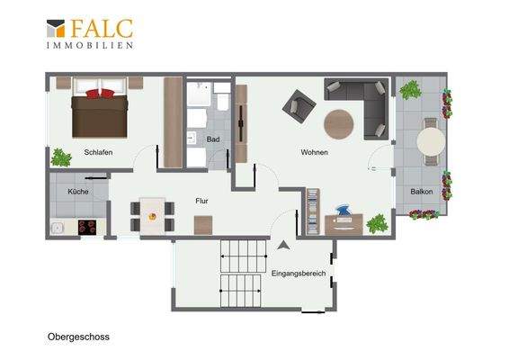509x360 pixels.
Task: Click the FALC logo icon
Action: coord(56,28)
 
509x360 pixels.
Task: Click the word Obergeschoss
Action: coord(78,337)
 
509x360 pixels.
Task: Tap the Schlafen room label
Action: coord(98,152)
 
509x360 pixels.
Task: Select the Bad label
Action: coord(213,139)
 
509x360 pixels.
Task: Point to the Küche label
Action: coord(78,192)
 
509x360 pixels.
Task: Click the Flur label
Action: coord(201,201)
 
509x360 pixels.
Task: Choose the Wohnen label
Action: coord(314,152)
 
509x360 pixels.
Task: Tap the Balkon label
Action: coord(422,192)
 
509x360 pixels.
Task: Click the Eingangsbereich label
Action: coord(299,274)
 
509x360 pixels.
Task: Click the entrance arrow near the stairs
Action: coord(283,246)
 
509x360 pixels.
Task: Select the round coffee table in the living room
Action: coord(338,124)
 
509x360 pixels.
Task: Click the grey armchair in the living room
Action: coord(299,106)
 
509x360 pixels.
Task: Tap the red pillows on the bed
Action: coord(100,94)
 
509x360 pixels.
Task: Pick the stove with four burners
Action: coord(87,227)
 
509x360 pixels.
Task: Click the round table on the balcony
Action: coord(431,142)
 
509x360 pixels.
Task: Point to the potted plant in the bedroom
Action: coord(61,157)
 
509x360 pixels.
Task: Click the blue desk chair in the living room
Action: coord(344,211)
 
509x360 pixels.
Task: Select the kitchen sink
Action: coord(58,228)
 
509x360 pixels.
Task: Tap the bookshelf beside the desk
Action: coord(313,211)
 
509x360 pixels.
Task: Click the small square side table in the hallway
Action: coord(203,225)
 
